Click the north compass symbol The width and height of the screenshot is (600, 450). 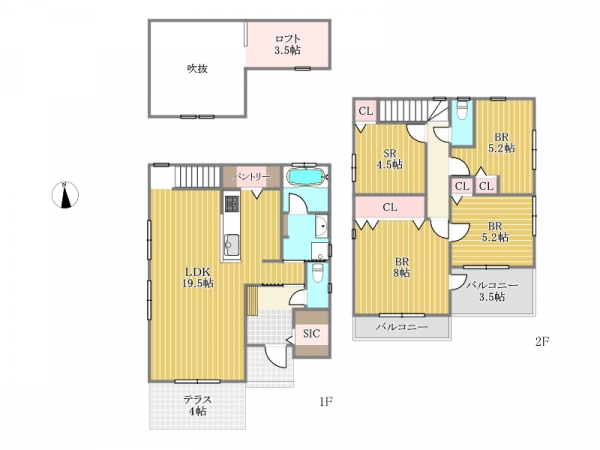[65, 195]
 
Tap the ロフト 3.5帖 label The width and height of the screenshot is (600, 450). [287, 44]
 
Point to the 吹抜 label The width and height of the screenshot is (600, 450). [197, 69]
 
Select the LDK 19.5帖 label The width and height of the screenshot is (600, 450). [198, 278]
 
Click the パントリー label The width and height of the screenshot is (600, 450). [251, 177]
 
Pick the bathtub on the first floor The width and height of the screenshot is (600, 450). [306, 177]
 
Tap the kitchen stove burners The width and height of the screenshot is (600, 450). [232, 204]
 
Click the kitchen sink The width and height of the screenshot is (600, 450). [231, 245]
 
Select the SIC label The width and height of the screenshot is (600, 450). [311, 334]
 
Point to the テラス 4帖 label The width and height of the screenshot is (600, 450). [197, 406]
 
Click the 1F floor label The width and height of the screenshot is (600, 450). [326, 402]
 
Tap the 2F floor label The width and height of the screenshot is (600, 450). [542, 341]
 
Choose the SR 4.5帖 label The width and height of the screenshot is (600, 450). [390, 159]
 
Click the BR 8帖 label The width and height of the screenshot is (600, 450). [402, 267]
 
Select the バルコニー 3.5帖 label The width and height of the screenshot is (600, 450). [492, 291]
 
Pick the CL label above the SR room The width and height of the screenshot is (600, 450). [366, 111]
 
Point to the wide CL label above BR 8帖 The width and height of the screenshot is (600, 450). [390, 207]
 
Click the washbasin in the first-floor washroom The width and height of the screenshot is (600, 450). [322, 226]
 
